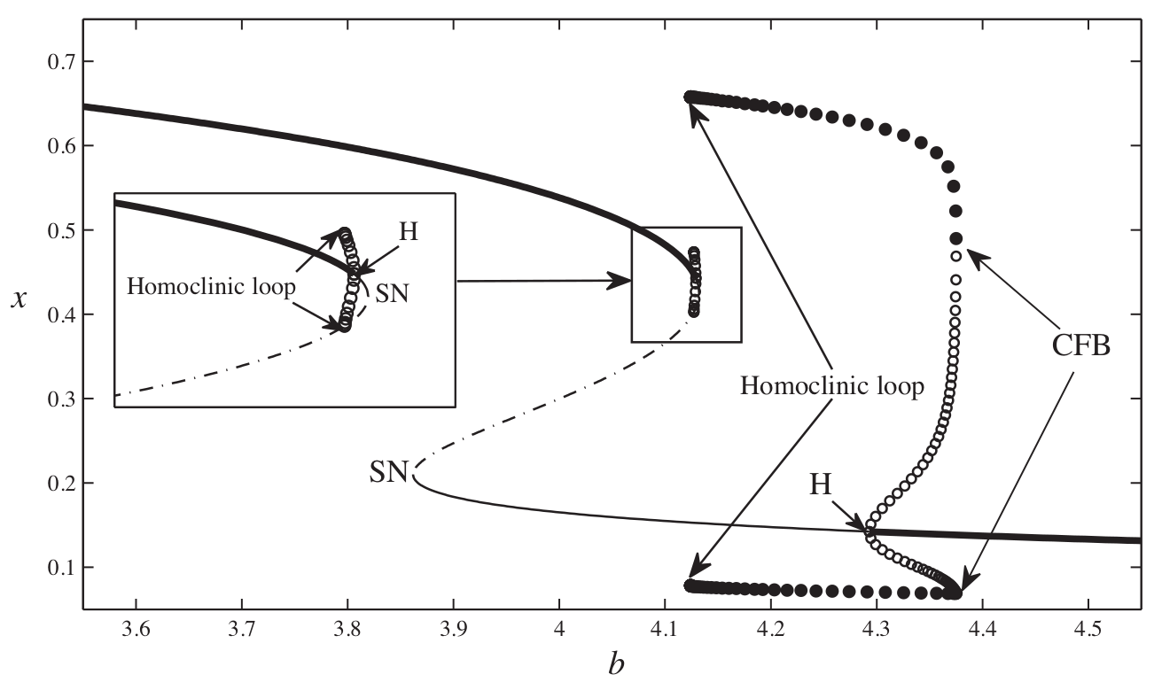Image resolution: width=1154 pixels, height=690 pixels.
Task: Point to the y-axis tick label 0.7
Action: (56, 62)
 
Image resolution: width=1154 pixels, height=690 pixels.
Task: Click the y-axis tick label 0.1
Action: (56, 567)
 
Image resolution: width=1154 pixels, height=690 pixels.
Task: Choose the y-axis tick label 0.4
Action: (56, 314)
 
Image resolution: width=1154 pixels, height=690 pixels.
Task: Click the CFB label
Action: (1080, 346)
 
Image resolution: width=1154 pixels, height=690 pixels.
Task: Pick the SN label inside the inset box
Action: (393, 293)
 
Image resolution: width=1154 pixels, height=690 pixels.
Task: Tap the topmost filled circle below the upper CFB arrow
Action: (955, 238)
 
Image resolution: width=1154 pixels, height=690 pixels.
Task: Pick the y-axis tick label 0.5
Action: (56, 230)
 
